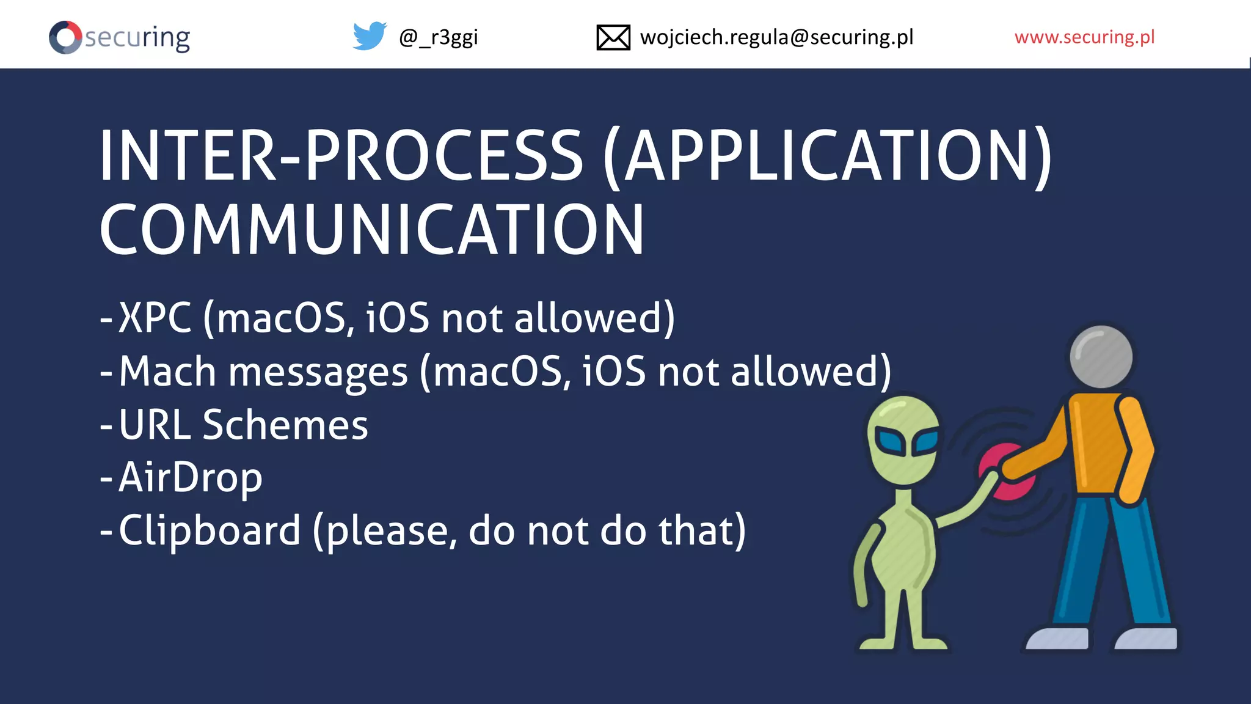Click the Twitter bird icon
pyautogui.click(x=370, y=36)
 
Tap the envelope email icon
pyautogui.click(x=613, y=37)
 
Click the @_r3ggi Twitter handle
pyautogui.click(x=438, y=37)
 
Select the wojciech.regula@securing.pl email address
pyautogui.click(x=776, y=37)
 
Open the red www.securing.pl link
pyautogui.click(x=1084, y=37)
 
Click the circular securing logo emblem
pyautogui.click(x=65, y=37)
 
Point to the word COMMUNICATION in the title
pyautogui.click(x=371, y=230)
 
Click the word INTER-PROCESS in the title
pyautogui.click(x=341, y=156)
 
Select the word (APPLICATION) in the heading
pyautogui.click(x=828, y=156)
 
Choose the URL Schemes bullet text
pyautogui.click(x=243, y=425)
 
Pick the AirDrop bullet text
pyautogui.click(x=190, y=477)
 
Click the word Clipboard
pyautogui.click(x=210, y=530)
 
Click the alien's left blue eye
pyautogui.click(x=889, y=441)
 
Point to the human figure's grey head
pyautogui.click(x=1101, y=357)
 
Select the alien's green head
pyautogui.click(x=903, y=428)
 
